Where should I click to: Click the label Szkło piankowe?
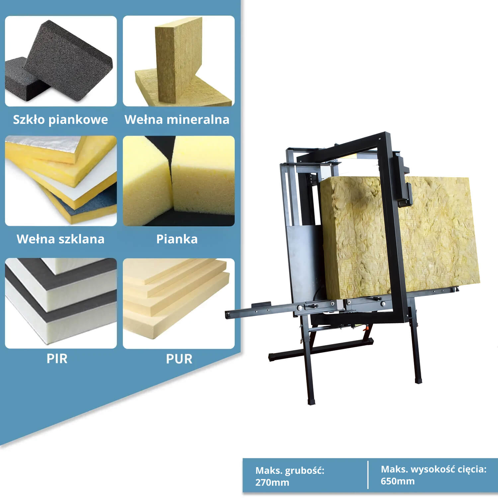pos(60,120)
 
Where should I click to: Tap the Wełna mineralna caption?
pos(177,120)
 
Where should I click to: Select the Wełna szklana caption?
pos(60,239)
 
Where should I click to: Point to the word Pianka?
pos(177,239)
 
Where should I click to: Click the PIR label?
pos(57,359)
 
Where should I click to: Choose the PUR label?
pos(179,359)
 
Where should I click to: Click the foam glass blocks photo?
pos(61,61)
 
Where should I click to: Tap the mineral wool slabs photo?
pos(179,61)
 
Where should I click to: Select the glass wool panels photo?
pos(61,181)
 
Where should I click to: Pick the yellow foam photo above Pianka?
pos(179,181)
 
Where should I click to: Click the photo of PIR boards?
pos(61,303)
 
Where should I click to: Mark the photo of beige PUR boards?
pos(179,303)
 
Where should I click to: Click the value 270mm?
pos(272,482)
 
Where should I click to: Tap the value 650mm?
pos(398,481)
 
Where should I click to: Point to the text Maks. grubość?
pos(290,471)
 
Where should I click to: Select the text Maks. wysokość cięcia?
pos(434,469)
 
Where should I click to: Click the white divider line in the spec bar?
pos(368,475)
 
